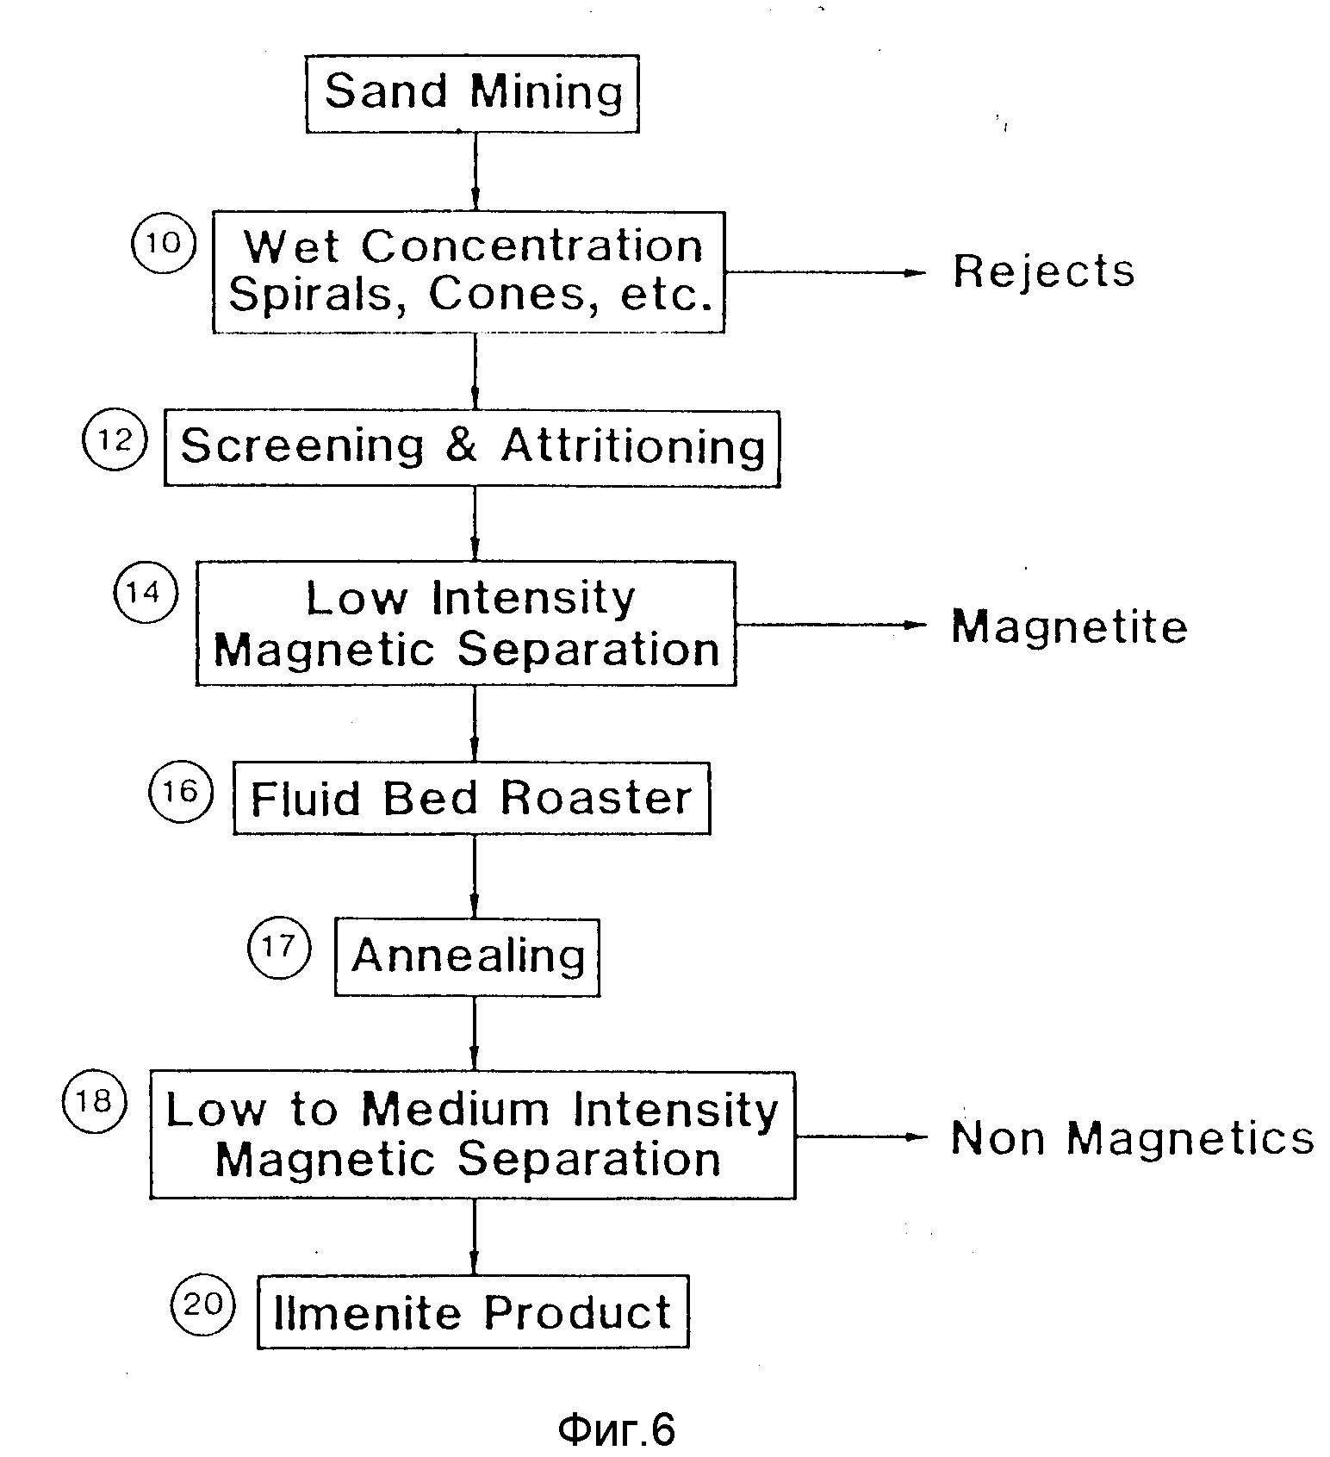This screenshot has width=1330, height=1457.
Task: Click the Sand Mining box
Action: [472, 94]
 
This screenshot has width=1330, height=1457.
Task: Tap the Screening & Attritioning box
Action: [472, 448]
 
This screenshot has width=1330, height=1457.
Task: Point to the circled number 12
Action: [115, 439]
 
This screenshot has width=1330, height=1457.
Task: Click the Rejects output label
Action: [1044, 271]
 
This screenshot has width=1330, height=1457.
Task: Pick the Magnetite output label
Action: [1069, 626]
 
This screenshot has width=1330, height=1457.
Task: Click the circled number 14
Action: [146, 592]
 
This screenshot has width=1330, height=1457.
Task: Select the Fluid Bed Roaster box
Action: [472, 798]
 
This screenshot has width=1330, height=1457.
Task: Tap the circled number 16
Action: [180, 791]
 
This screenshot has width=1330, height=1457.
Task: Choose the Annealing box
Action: [467, 957]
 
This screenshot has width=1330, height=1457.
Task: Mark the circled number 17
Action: [278, 948]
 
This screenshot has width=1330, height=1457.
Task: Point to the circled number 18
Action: [94, 1101]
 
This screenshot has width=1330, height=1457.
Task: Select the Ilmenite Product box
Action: [473, 1312]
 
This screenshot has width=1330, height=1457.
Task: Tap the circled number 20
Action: [203, 1304]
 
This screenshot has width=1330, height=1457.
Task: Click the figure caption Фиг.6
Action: [617, 1429]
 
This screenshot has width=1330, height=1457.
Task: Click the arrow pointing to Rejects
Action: [825, 272]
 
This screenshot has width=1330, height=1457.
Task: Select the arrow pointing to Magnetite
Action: [831, 625]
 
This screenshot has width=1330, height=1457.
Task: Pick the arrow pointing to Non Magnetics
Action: [861, 1136]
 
